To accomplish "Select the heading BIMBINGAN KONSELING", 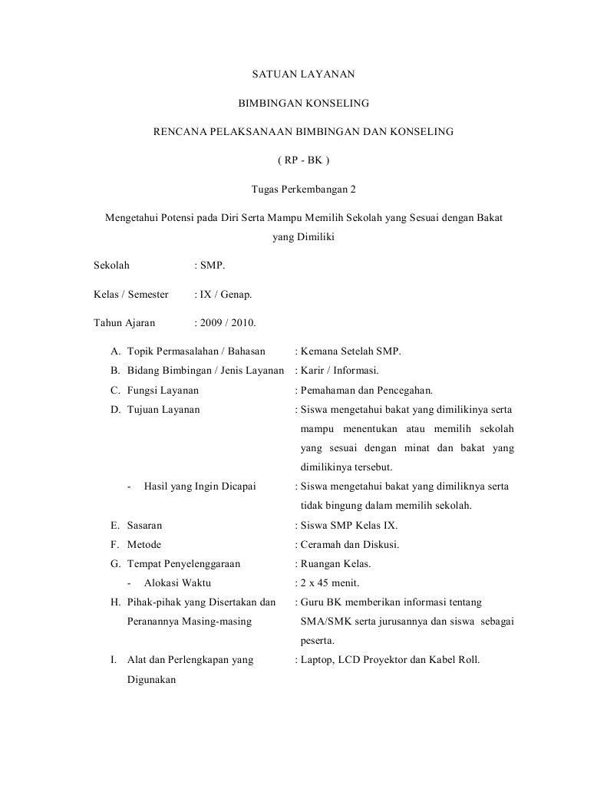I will [303, 103].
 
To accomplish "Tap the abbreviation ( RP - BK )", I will [303, 160].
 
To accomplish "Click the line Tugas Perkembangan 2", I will [304, 189].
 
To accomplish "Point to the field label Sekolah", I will [111, 266].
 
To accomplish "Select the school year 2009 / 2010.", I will [229, 323].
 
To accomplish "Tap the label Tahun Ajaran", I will [124, 323].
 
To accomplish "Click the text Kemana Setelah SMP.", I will [351, 351].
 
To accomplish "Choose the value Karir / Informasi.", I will [340, 371].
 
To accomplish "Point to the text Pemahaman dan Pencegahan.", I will [367, 390].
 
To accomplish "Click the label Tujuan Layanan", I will [163, 409].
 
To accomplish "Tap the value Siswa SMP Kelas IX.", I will [349, 526].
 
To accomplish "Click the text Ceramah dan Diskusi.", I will [350, 545].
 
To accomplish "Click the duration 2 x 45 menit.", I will [330, 583].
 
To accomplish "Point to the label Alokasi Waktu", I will [178, 583].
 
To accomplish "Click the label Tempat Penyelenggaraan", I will [183, 564].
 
